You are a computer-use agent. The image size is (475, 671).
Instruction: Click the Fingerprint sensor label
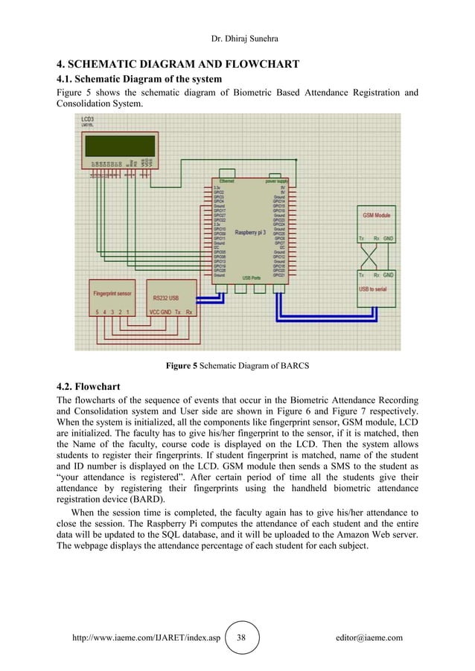point(114,292)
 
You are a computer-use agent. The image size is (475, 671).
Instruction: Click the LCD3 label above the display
point(88,120)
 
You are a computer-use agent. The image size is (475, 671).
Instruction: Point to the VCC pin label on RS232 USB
point(155,312)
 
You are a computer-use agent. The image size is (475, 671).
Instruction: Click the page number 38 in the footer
point(241,638)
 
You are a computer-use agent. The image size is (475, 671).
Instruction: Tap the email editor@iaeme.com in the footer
point(369,638)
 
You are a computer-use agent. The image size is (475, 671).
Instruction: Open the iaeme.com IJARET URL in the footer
point(147,638)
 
